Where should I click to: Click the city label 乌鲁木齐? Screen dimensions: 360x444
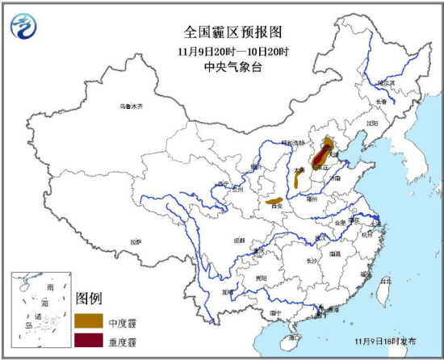(130, 107)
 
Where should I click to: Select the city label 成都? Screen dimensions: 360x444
(239, 240)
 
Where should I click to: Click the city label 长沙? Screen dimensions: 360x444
(312, 261)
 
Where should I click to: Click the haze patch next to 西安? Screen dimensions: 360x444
(274, 199)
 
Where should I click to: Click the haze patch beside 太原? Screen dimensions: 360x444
(298, 179)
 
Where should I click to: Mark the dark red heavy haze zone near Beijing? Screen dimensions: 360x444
(325, 150)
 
